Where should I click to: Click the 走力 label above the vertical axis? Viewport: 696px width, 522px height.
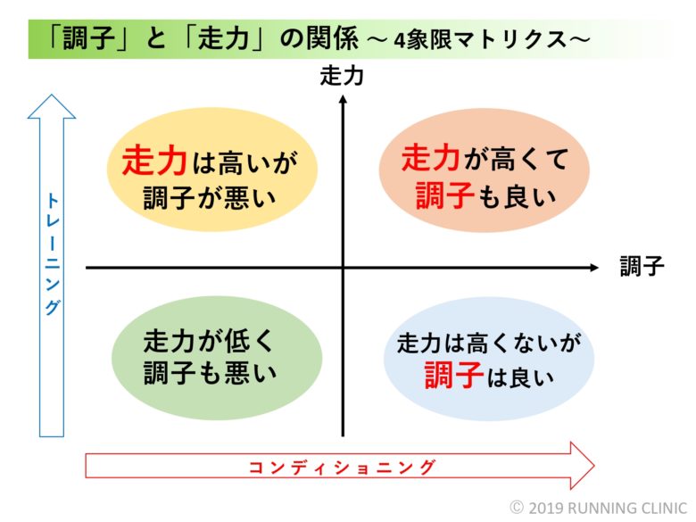342,76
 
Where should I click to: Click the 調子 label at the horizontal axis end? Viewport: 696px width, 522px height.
642,266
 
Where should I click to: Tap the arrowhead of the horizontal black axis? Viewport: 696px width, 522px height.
594,267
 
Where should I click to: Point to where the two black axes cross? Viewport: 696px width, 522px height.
343,267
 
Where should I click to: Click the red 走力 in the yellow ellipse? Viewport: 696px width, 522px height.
154,162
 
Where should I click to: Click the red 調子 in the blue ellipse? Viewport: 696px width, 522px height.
453,375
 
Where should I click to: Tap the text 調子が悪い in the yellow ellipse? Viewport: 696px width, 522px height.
210,197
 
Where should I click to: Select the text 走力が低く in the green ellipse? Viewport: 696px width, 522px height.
209,341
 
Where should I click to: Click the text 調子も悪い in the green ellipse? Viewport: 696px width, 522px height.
210,373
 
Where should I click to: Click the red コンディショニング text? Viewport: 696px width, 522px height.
341,467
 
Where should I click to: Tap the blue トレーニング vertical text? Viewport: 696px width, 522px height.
53,254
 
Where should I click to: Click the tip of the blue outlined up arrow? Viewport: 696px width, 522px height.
52,95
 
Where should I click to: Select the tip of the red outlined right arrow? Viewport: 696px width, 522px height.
594,466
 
